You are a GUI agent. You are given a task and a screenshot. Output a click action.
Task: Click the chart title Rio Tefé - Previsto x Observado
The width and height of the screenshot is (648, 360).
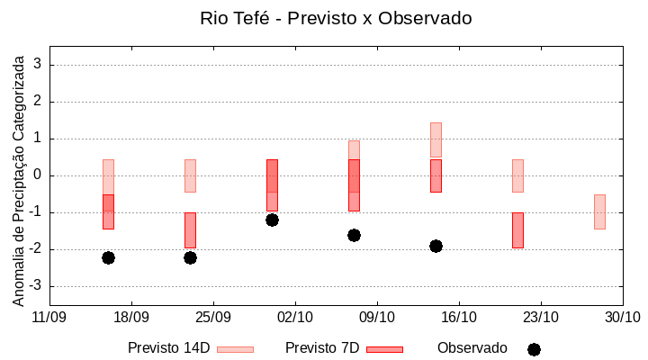point(336,18)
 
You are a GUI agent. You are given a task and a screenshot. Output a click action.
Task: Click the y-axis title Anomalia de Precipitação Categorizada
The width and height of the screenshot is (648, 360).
point(18,177)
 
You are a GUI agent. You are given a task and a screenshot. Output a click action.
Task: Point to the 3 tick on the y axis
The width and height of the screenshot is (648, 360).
point(38,65)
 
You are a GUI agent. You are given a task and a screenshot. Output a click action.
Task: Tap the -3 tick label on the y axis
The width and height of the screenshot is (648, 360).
point(35,286)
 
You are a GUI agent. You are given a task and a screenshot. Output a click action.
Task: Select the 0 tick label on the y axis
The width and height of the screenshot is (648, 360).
point(38,175)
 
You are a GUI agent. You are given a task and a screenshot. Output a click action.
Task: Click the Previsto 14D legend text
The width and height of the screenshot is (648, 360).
point(169,348)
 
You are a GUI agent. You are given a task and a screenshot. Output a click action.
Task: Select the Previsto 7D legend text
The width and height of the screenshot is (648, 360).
point(322,348)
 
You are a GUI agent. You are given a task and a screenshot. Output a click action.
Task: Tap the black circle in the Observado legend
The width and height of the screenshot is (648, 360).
point(534,349)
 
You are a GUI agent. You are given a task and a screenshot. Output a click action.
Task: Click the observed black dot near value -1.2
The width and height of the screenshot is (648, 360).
point(272,220)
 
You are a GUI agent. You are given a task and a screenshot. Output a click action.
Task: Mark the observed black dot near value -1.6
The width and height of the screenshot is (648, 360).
point(354,235)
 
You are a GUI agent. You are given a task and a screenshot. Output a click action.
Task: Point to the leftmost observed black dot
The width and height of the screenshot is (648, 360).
point(108,257)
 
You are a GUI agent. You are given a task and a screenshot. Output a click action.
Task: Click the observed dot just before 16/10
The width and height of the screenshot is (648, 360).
point(436,246)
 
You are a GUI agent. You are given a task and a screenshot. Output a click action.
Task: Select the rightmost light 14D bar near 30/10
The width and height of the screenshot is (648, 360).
point(599,211)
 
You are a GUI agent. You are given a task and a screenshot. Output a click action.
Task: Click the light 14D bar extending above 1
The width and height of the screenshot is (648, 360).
point(436,139)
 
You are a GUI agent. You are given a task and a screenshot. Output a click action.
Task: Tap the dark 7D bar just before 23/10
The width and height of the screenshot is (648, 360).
point(517,229)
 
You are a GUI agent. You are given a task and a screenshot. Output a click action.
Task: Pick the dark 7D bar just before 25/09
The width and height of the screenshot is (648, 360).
point(190,229)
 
